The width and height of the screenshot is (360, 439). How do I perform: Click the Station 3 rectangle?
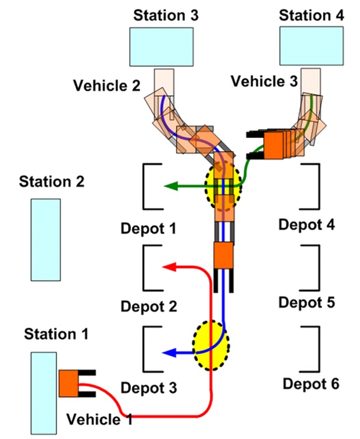coord(163,46)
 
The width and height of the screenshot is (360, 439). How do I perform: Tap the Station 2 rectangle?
coord(45,239)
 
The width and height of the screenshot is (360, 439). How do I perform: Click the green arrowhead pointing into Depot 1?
coord(170,187)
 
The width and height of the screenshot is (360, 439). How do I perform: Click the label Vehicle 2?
coord(107,86)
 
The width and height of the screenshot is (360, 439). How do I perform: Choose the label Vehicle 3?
coord(264,82)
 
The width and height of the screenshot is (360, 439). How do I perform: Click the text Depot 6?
coord(311,384)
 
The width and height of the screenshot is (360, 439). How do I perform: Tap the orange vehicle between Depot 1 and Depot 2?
coord(223,256)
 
